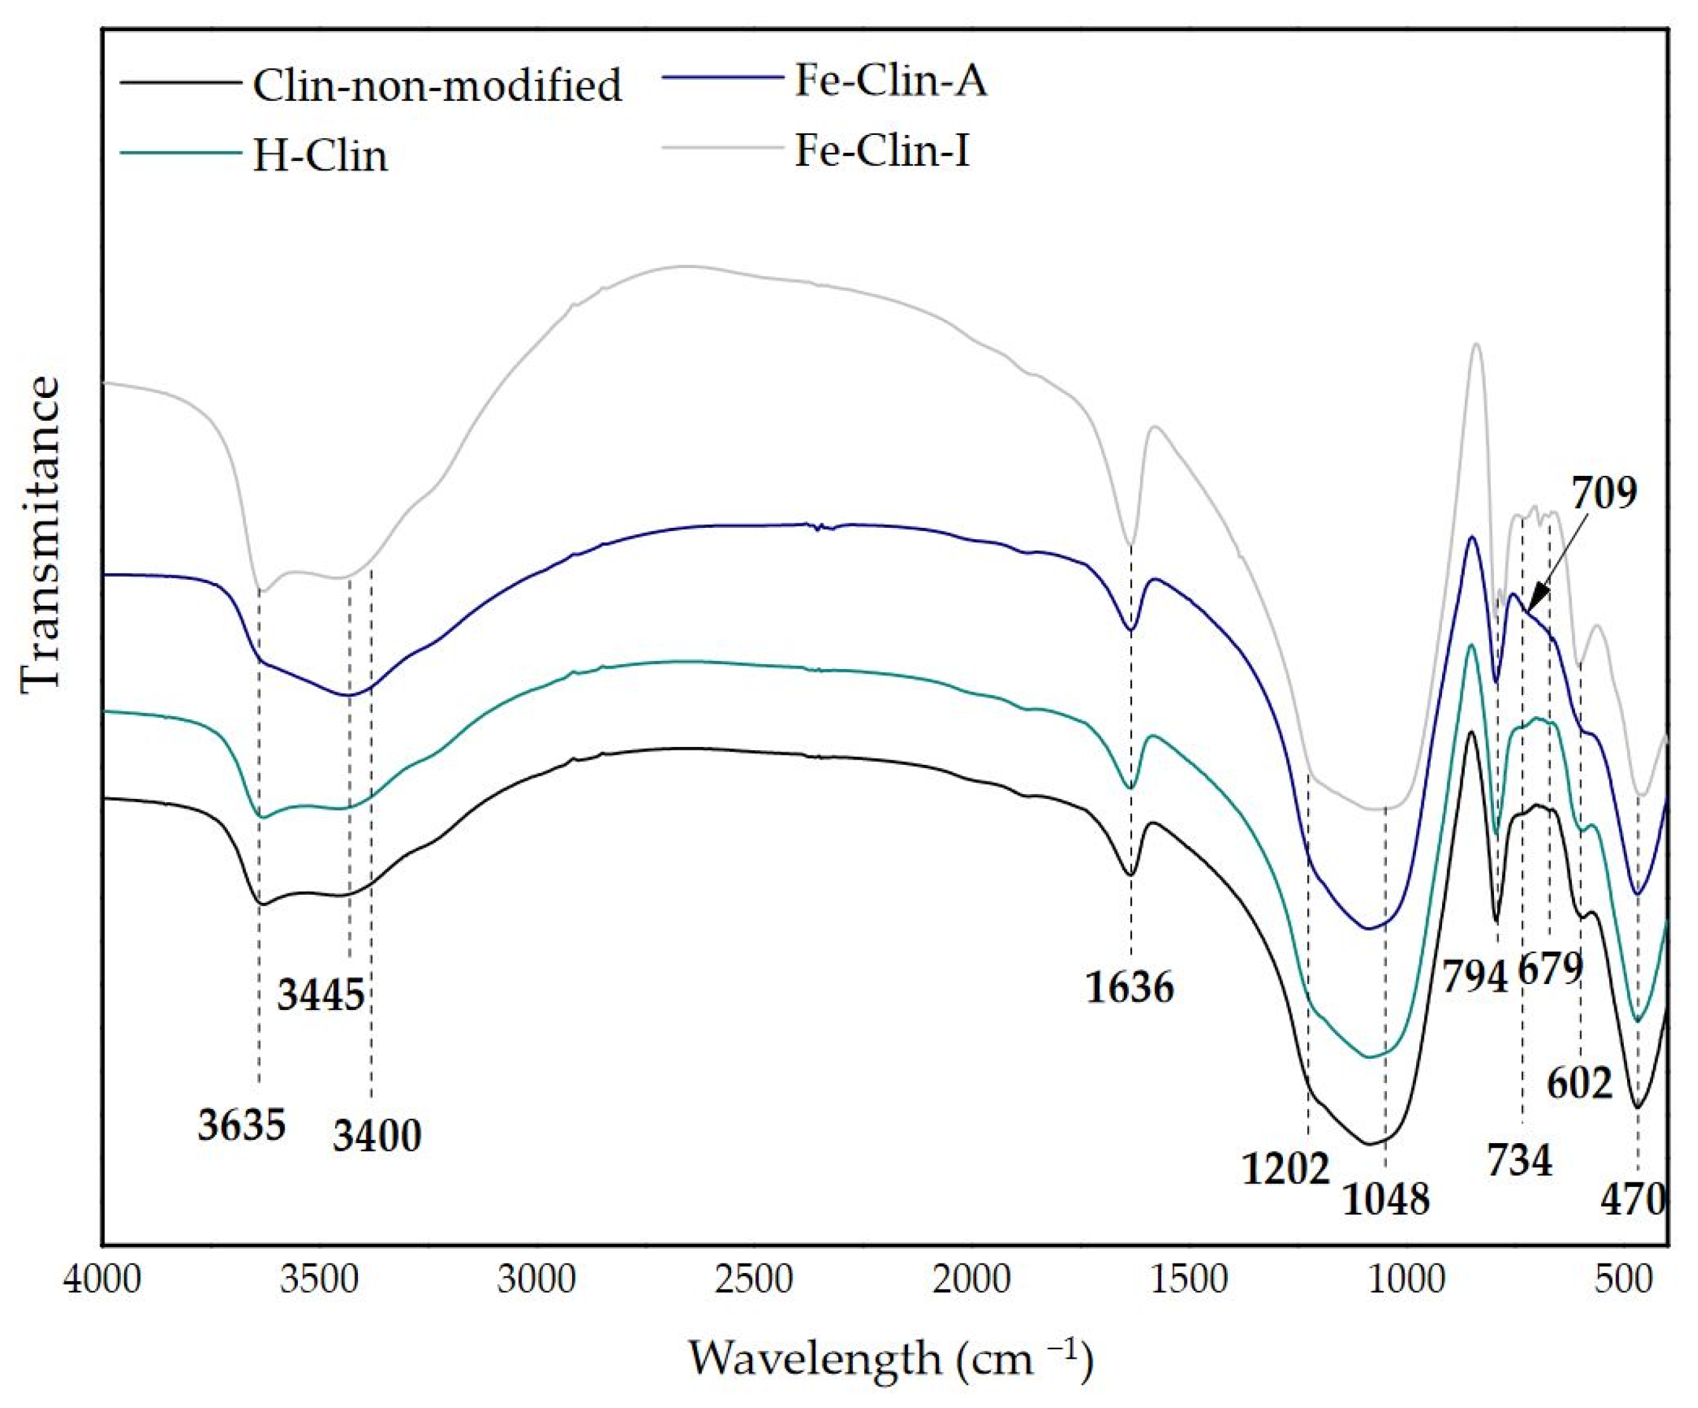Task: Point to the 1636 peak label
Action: (x=1129, y=987)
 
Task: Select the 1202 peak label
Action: (x=1286, y=1168)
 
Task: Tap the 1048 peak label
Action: (x=1386, y=1198)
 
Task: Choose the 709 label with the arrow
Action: (x=1604, y=492)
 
